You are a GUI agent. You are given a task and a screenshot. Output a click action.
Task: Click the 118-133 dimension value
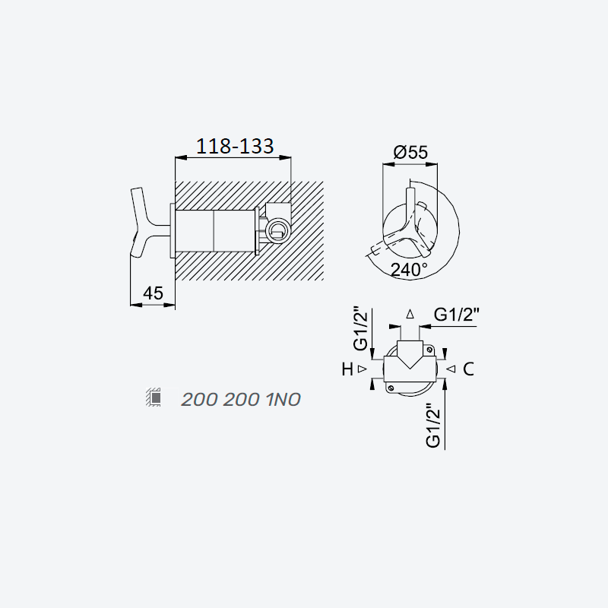coord(235,146)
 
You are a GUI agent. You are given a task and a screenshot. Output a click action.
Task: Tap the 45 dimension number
coord(154,293)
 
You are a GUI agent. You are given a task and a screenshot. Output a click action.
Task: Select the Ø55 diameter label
coord(410,152)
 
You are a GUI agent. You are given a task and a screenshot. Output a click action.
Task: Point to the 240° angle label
coord(409,270)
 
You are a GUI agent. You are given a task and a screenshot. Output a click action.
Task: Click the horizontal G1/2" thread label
coord(457,315)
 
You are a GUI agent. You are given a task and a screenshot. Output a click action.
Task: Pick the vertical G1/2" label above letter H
coord(360,328)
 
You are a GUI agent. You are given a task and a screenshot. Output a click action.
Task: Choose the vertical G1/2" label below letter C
coord(433,426)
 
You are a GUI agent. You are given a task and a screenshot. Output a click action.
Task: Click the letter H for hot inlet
coord(347,369)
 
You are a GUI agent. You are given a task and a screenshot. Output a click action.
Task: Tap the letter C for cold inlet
coord(468,369)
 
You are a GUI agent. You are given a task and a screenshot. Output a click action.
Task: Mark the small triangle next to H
coord(363,369)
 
